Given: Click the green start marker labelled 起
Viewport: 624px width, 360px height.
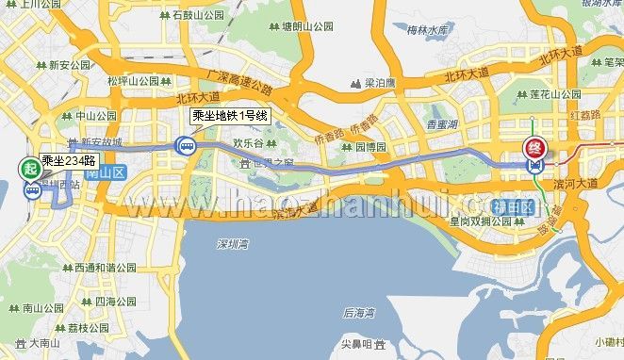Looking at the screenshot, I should pyautogui.click(x=30, y=170).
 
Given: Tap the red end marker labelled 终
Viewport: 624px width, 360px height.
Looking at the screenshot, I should pyautogui.click(x=534, y=147).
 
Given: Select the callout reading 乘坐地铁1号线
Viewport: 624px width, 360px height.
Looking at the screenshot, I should pyautogui.click(x=231, y=117).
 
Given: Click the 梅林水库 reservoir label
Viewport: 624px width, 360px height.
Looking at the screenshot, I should pyautogui.click(x=426, y=31).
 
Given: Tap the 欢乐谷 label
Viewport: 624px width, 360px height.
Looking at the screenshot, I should pyautogui.click(x=246, y=143).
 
